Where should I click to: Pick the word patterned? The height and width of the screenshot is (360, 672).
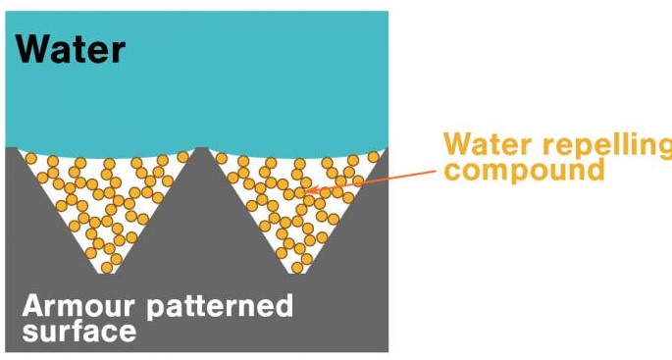point(220,307)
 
